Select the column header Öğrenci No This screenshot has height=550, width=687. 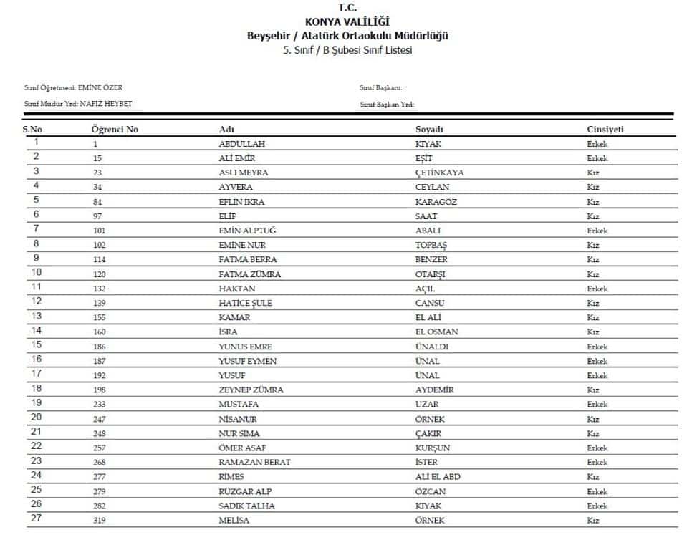click(x=115, y=130)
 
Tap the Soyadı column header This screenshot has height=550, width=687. click(x=430, y=130)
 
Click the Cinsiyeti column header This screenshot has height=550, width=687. click(x=605, y=130)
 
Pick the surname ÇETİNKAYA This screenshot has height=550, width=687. click(x=439, y=173)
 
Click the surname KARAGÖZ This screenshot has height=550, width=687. click(x=436, y=202)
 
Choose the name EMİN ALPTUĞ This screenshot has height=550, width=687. click(x=247, y=231)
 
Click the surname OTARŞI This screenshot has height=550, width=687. click(x=431, y=274)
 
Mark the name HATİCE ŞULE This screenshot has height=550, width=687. click(x=245, y=303)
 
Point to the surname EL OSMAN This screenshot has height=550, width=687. click(x=437, y=332)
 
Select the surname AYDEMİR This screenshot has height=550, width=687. click(x=434, y=390)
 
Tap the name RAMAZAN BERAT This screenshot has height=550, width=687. click(x=254, y=463)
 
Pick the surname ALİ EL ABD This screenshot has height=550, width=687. click(x=438, y=477)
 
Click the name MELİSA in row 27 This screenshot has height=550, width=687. click(x=234, y=521)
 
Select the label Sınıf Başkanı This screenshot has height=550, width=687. click(x=380, y=88)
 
